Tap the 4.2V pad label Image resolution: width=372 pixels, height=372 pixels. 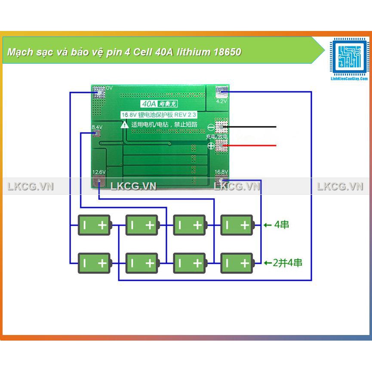(x=221, y=101)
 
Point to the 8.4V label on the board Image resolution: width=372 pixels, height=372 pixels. (x=97, y=127)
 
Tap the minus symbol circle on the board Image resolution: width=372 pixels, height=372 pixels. (x=211, y=127)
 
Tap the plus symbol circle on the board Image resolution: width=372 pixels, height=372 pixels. (x=211, y=146)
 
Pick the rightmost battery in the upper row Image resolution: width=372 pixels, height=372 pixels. (x=237, y=224)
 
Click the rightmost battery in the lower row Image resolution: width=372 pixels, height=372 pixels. (x=237, y=262)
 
